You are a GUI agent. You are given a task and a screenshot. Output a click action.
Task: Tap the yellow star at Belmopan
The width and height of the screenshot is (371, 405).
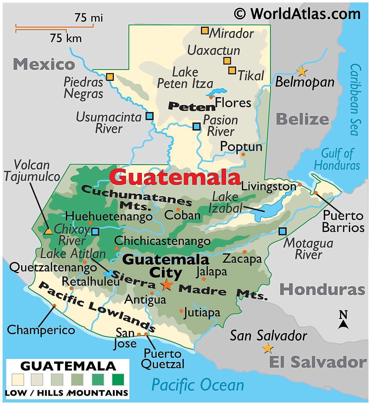pos(302,71)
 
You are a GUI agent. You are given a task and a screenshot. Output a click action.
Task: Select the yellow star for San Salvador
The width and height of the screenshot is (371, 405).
pos(268,349)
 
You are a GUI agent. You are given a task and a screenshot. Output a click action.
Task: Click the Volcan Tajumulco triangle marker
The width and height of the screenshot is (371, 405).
pos(48,231)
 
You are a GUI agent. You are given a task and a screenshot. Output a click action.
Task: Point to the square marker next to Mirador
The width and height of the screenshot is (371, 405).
pos(205,30)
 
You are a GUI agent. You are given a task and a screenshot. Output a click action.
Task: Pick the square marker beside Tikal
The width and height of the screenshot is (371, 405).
pos(232,70)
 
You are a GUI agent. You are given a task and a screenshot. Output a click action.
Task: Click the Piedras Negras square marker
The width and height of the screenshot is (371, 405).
pos(110,77)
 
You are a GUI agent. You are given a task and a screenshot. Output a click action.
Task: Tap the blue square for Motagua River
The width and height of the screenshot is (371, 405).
pos(282,231)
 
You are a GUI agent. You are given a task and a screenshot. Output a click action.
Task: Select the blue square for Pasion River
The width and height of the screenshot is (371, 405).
pos(196,126)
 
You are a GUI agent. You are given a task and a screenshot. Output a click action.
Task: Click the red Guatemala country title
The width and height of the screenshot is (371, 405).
pos(175,177)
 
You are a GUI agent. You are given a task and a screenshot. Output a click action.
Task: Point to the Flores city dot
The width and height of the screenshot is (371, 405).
pos(211,97)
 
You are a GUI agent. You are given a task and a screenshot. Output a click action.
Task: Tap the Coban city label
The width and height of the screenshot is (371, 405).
pos(182,216)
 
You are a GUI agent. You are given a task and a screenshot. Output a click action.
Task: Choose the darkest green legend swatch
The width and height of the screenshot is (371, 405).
pos(118,379)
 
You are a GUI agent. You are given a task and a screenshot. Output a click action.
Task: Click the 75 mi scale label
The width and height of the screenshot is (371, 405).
pos(89,18)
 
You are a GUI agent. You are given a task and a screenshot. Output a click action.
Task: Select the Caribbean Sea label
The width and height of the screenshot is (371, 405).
pos(355,100)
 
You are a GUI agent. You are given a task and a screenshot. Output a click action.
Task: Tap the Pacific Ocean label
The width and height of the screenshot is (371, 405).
pos(198,385)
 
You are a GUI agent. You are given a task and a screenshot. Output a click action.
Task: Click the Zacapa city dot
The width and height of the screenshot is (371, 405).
pos(244,252)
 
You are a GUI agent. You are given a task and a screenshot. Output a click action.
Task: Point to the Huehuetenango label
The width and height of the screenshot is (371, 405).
pos(109,216)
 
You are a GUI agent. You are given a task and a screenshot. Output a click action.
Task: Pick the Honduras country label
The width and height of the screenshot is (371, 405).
pos(322,289)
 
